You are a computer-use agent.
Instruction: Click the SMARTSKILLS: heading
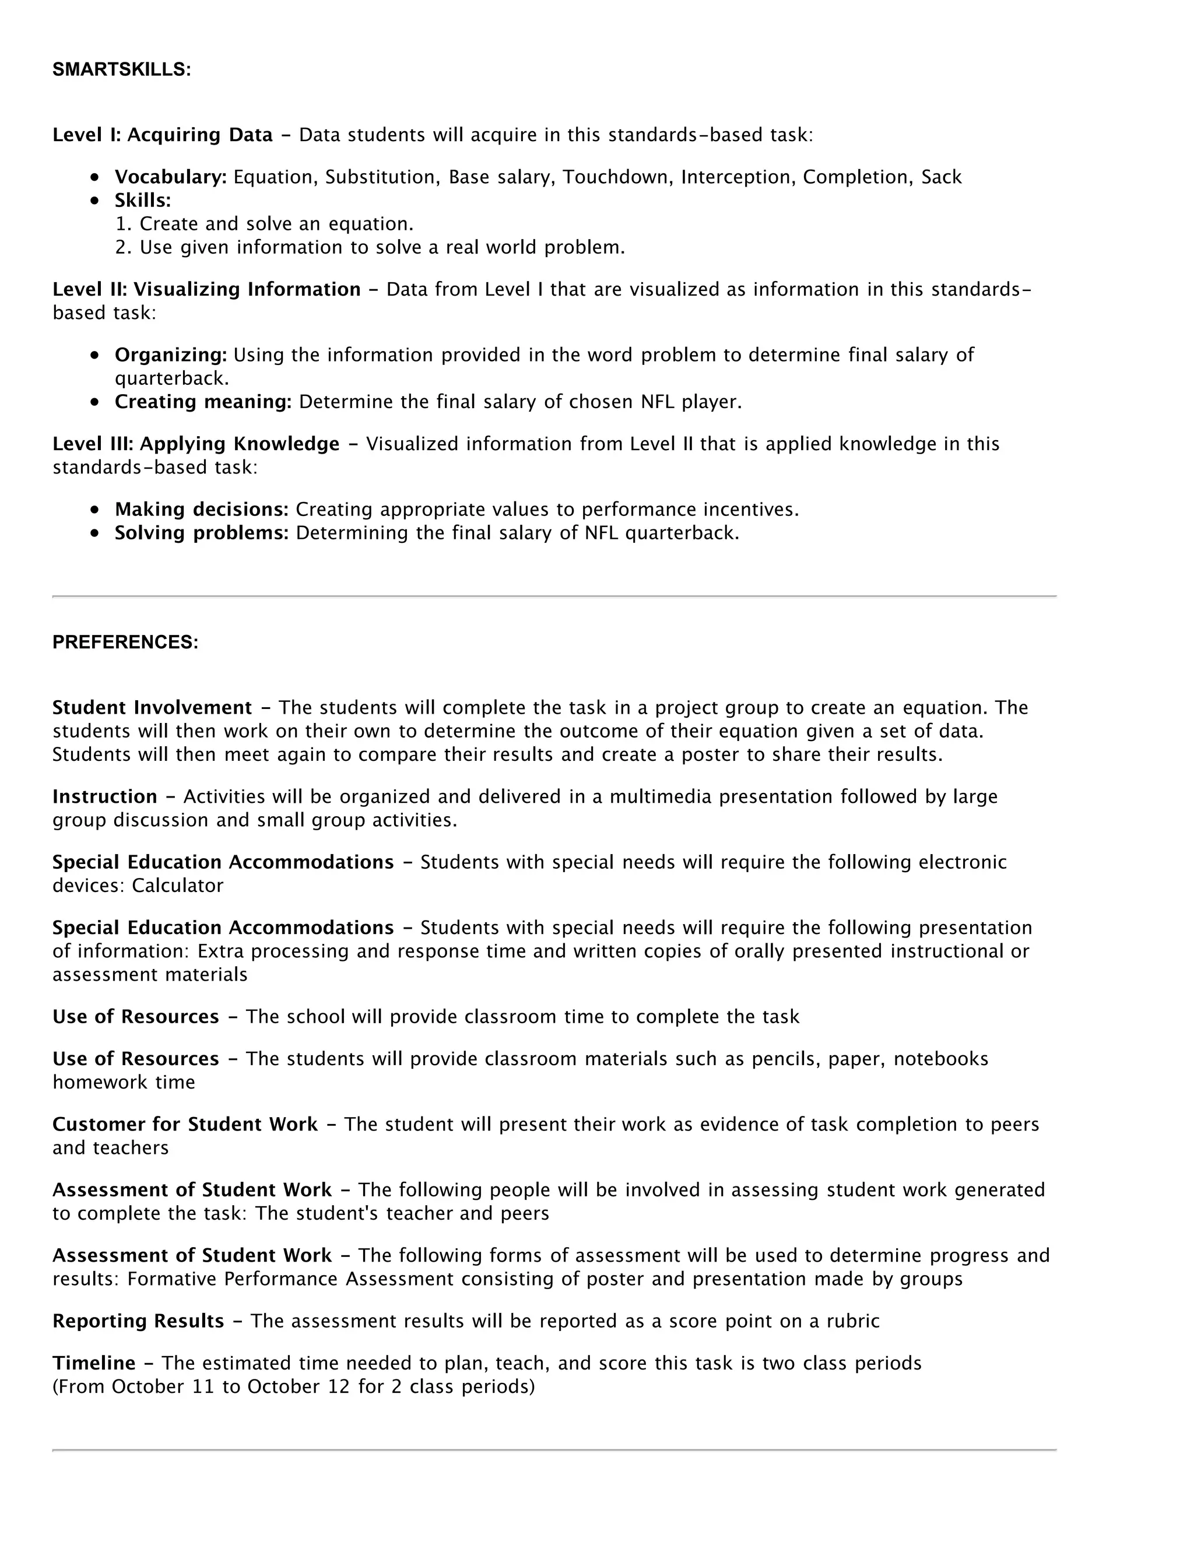point(122,70)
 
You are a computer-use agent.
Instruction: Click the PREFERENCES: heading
point(125,642)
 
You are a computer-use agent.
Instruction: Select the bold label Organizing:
point(170,355)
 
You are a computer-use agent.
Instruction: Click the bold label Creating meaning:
point(203,402)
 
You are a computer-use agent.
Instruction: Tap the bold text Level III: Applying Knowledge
point(196,444)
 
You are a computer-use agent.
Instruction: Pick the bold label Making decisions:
point(202,510)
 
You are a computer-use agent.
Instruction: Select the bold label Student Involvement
point(152,708)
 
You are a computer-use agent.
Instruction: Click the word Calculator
point(178,886)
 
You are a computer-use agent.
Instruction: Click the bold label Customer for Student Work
point(185,1125)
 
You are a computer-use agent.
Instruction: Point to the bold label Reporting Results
point(138,1322)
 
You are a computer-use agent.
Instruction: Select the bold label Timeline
point(93,1363)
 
